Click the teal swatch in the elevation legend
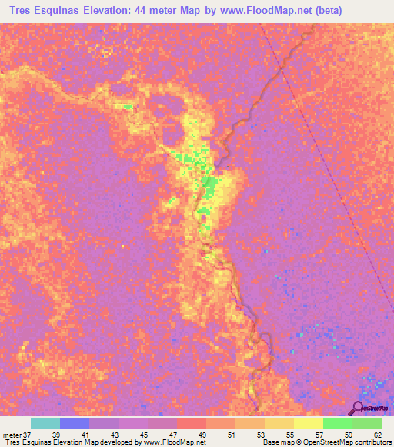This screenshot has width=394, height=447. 45,423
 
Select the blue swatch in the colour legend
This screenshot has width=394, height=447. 74,423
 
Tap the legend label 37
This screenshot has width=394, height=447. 28,435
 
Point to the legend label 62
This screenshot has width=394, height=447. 376,435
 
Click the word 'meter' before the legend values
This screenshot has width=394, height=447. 12,435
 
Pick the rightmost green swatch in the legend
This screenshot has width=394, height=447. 366,423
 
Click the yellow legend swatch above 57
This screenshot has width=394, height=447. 307,423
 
